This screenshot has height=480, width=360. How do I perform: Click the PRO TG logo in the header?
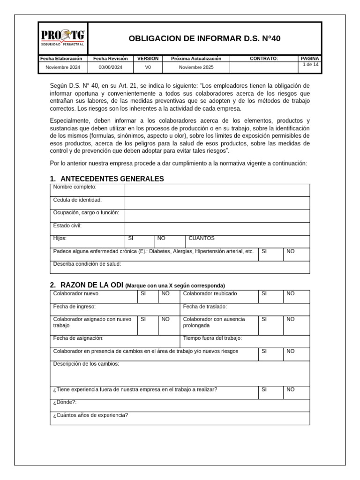coord(63,37)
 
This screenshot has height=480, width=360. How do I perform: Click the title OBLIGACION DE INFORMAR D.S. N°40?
coord(204,38)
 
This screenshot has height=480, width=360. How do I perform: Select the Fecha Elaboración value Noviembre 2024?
coord(63,67)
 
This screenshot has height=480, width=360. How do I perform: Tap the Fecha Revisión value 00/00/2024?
coord(110,67)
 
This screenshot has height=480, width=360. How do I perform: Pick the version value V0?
coord(148,67)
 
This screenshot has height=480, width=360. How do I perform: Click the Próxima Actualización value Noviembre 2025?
coord(196,67)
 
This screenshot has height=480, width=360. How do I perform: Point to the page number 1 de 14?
coord(310,65)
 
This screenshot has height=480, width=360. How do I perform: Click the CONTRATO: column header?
coord(264,59)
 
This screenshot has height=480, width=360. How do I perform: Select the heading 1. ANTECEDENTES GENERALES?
coord(107,179)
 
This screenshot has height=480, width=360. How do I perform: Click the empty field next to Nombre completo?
coord(217,190)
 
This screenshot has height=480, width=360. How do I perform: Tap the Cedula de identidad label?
coord(77,200)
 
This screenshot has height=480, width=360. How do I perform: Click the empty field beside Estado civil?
coord(217,228)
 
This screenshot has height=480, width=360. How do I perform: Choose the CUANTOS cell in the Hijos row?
coord(202,239)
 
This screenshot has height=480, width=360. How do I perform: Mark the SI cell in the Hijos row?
coord(131,239)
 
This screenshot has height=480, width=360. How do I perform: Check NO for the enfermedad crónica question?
coord(291,252)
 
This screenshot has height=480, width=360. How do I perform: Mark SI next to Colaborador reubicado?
coord(264,294)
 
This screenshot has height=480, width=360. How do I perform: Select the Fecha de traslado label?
coord(205,307)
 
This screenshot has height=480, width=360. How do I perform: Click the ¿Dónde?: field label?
coord(65,402)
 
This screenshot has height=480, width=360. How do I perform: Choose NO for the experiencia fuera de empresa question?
coord(291,390)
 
